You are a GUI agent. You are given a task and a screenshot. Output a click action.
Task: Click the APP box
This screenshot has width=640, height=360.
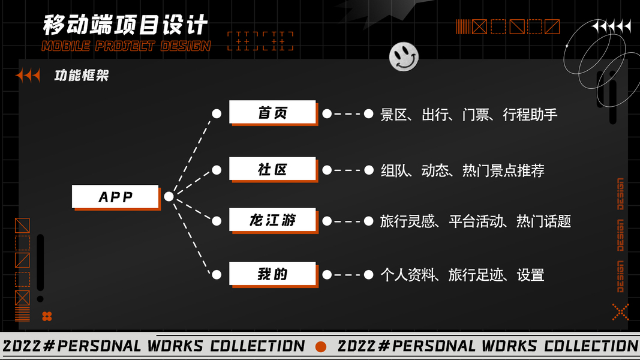(115, 197)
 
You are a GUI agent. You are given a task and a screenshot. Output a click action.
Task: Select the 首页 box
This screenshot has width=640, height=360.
(272, 112)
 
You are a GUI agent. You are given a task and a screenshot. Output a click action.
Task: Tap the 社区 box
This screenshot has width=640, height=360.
(272, 169)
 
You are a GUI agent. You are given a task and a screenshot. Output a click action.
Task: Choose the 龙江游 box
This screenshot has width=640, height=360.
(272, 220)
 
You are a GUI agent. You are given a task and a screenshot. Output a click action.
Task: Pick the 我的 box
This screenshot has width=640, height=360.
(272, 274)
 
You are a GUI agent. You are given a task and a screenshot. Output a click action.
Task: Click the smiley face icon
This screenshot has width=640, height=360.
(404, 57)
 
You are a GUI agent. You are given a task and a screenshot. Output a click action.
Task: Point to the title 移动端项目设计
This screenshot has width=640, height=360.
(125, 25)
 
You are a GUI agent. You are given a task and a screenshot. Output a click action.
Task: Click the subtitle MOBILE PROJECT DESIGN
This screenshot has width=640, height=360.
(126, 46)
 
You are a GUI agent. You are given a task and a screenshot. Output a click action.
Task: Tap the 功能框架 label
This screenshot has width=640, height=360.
(82, 76)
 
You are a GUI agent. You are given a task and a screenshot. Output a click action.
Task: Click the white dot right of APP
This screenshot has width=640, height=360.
(169, 197)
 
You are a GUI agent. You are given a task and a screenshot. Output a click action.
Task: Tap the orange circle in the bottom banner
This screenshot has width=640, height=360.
(321, 346)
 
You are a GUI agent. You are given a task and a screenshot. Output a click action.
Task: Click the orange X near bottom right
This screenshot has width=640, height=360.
(620, 311)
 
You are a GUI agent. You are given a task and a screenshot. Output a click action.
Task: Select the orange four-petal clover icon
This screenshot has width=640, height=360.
(47, 316)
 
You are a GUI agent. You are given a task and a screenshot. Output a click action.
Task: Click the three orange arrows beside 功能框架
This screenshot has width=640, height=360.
(28, 76)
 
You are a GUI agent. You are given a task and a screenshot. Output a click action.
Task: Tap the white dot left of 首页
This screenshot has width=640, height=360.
(217, 113)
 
